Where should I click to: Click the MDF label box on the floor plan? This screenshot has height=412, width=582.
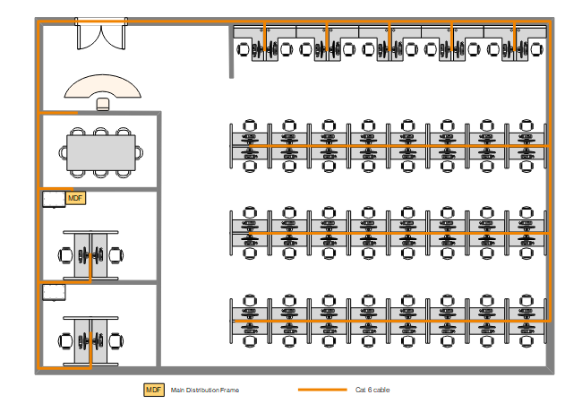75,198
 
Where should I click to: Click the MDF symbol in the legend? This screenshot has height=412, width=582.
154,390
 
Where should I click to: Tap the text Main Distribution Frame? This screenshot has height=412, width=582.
205,391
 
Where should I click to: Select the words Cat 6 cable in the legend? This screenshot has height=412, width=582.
373,391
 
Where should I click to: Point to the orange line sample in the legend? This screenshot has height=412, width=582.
321,391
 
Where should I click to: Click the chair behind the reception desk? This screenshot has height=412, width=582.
103,104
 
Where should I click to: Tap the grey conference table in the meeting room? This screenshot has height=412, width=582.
101,152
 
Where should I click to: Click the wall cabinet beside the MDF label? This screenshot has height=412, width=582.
53,199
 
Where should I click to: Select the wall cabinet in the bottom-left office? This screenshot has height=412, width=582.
53,292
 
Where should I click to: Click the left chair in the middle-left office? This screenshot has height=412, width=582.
65,254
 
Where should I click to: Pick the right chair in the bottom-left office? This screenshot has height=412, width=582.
116,340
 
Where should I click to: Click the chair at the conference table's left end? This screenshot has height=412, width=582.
64,152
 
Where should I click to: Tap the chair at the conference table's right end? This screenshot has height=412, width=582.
140,152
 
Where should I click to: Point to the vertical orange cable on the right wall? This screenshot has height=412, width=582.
549,179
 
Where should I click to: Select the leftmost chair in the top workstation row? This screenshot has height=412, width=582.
243,49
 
